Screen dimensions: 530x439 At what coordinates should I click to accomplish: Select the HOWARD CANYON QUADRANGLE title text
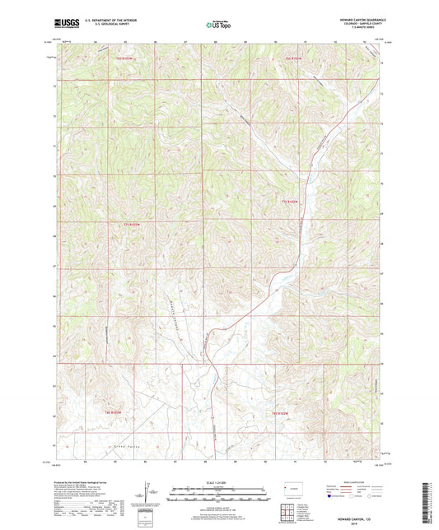(x=360, y=18)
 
